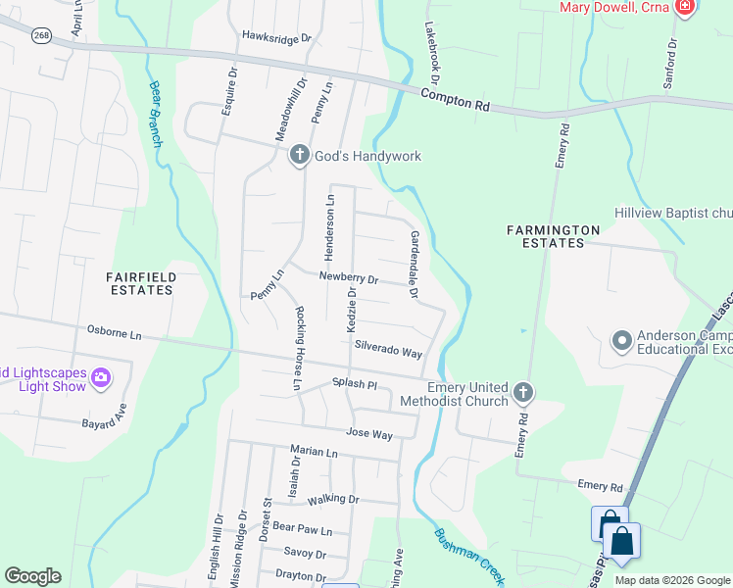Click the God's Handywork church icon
300,155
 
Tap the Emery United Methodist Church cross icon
523,393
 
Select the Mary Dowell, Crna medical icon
684,8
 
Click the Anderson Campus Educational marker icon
621,342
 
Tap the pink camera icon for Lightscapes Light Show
100,377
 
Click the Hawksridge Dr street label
276,38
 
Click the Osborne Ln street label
115,334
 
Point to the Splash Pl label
354,383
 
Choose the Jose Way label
368,433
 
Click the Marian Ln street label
314,453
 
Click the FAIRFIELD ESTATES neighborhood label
140,283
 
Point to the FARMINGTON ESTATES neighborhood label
553,236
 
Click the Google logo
32,576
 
